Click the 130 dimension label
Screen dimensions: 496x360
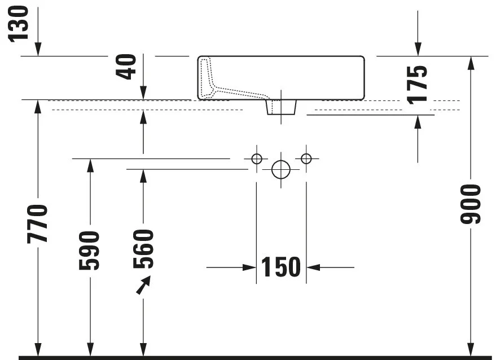pos(19,24)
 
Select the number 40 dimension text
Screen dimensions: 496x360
pos(126,67)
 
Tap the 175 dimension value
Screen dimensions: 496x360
pos(417,85)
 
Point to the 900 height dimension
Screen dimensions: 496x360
pos(471,204)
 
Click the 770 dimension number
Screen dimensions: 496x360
pos(38,223)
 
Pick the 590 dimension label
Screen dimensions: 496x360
pos(89,251)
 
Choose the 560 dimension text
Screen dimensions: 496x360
pos(143,249)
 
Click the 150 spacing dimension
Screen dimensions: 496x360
pos(281,267)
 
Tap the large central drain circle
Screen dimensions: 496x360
pos(281,169)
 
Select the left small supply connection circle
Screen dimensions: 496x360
pos(257,159)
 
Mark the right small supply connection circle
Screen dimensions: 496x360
pos(306,159)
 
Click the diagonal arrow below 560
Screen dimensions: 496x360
pos(144,285)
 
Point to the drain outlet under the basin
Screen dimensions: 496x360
pos(281,107)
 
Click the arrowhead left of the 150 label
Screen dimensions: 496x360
pos(249,267)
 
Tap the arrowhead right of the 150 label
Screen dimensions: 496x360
pos(313,267)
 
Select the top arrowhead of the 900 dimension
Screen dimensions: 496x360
pos(471,63)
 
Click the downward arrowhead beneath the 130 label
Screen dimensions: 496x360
pos(38,49)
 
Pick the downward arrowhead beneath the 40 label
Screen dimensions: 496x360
pos(143,93)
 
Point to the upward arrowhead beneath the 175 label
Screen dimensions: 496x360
pos(418,122)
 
